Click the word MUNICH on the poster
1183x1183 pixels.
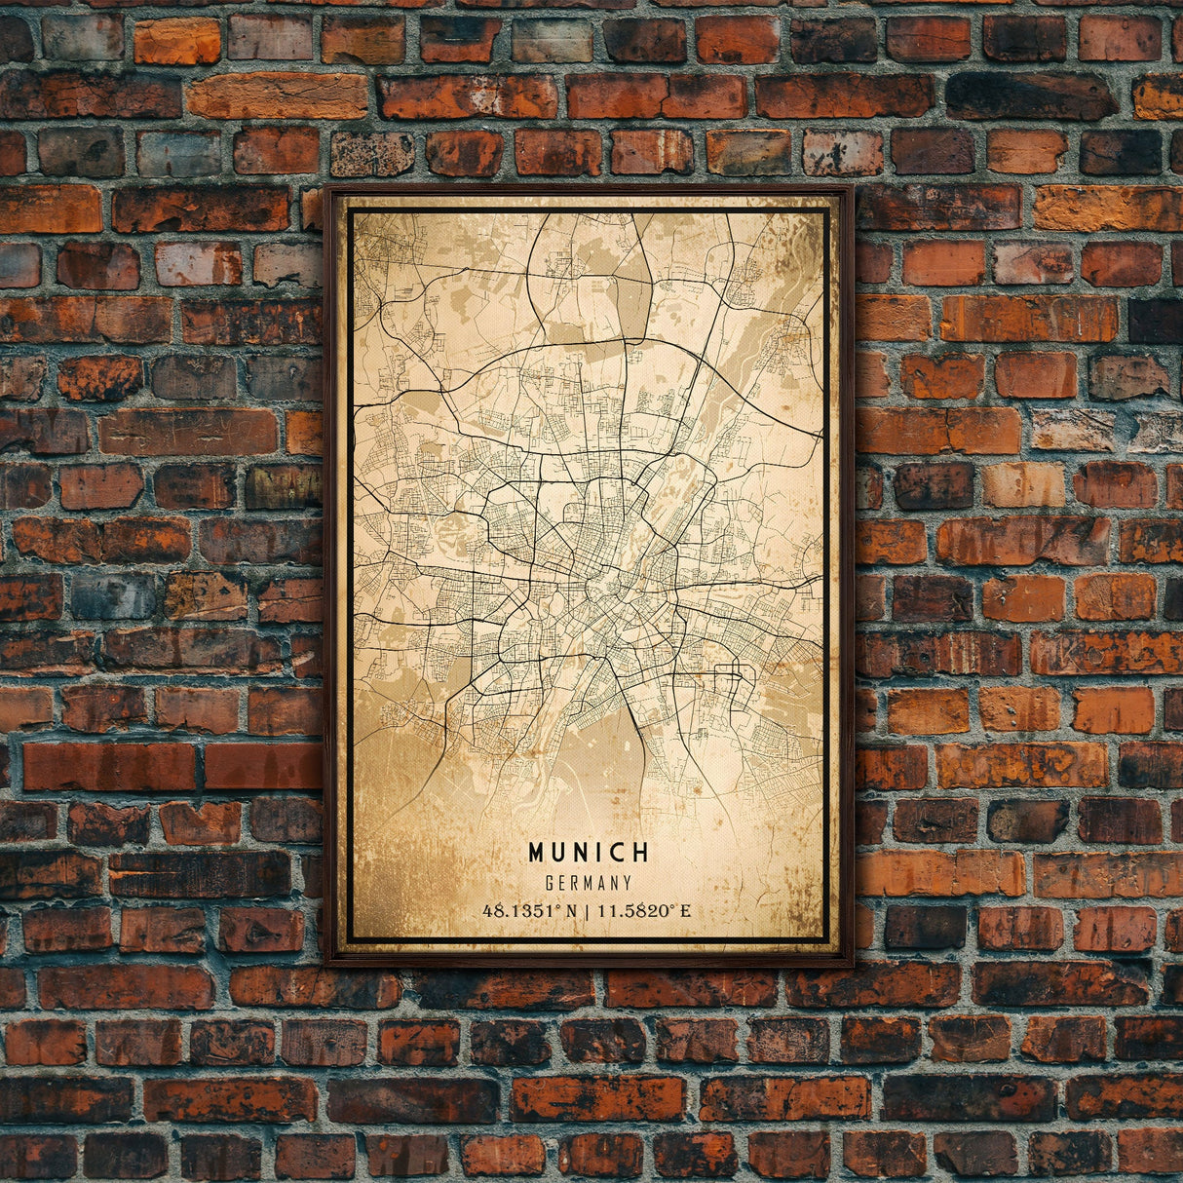click(589, 853)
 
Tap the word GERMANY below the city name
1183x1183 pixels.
click(589, 883)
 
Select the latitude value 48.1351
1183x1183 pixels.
click(522, 911)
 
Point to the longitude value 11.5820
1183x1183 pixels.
click(635, 911)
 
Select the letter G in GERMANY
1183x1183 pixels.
click(551, 883)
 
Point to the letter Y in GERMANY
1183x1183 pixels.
click(628, 883)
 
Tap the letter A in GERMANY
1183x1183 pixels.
click(601, 883)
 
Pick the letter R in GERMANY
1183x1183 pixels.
click(575, 883)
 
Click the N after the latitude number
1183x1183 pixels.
click(571, 911)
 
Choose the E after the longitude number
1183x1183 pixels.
click(685, 911)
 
